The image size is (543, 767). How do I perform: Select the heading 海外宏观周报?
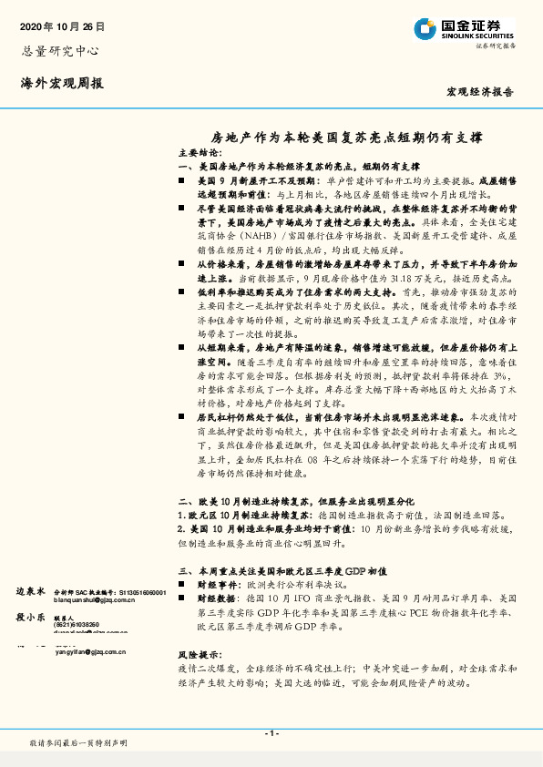62,84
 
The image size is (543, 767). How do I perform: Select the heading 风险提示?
200,655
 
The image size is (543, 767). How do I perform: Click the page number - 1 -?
271,733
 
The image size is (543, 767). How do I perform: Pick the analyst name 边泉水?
31,591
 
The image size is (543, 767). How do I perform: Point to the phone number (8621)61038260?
77,624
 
